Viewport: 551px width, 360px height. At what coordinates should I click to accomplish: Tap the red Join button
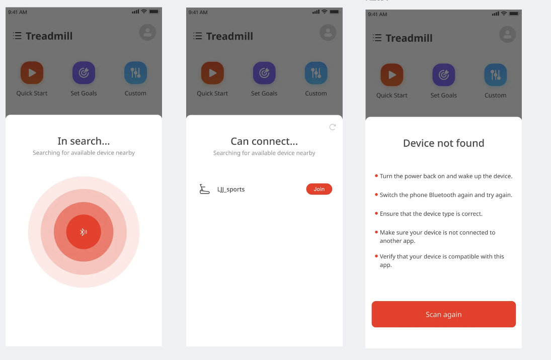point(319,189)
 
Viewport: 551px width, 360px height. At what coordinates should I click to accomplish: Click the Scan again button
point(443,314)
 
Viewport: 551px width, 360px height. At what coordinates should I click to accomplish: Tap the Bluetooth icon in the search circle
point(84,232)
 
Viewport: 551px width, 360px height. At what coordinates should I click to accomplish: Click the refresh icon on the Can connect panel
point(333,127)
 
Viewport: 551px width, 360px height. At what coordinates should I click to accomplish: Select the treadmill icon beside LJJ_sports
point(204,189)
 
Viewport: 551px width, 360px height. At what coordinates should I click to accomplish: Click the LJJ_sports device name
point(231,190)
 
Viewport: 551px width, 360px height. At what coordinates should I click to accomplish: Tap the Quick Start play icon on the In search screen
point(32,73)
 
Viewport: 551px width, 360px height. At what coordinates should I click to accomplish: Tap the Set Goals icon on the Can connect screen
point(264,73)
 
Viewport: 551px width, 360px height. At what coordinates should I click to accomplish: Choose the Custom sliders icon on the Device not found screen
point(496,75)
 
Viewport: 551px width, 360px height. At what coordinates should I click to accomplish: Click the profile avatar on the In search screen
point(147,32)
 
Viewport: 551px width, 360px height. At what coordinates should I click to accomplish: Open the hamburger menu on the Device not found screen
point(377,38)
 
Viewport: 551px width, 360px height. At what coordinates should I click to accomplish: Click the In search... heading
point(84,141)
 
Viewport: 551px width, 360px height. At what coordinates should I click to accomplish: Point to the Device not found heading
point(443,143)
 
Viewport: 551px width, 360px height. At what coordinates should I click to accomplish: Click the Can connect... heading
point(264,141)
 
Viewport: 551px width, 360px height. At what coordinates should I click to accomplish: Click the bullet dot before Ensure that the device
point(376,213)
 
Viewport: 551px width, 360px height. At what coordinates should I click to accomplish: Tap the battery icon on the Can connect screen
point(335,12)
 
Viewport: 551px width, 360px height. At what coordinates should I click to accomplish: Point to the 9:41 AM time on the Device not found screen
point(377,15)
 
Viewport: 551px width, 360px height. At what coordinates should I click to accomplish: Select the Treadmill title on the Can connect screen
point(229,36)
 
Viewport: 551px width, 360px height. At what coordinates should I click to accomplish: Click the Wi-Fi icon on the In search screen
point(144,12)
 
